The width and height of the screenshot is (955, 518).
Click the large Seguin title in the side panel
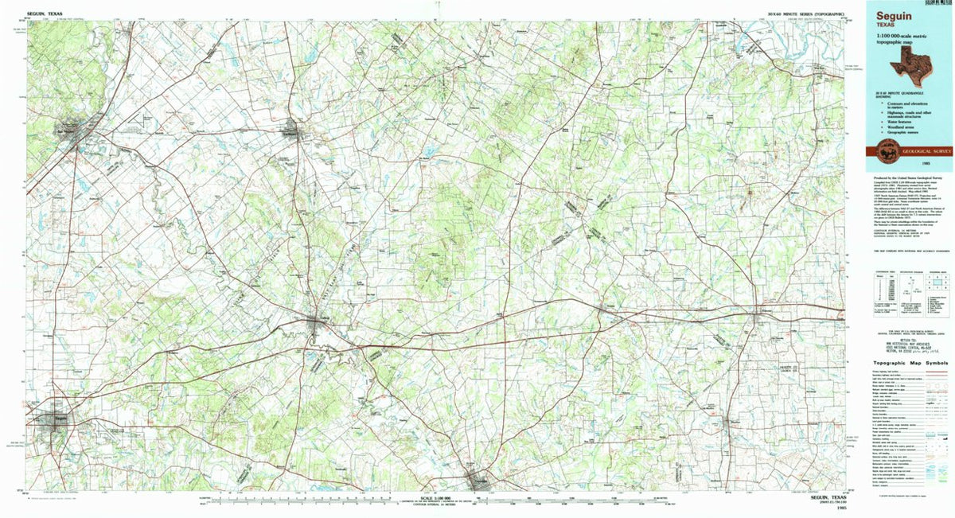pyautogui.click(x=889, y=16)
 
